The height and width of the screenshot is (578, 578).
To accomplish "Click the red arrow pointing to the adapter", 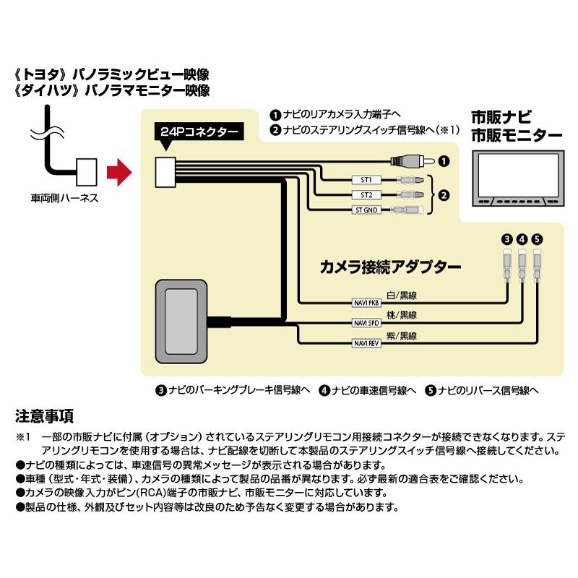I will coord(116,173).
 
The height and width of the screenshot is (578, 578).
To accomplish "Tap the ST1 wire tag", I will coord(366,180).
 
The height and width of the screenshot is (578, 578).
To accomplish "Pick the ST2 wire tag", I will coord(366,195).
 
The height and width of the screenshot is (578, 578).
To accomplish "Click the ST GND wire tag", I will coord(366,210).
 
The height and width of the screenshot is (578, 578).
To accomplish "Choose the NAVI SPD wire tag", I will coord(366,322).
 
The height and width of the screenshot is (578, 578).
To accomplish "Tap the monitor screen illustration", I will coord(515,174).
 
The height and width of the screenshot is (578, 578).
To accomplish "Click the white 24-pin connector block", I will coord(166,172).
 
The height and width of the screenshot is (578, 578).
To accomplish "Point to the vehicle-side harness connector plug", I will coord(86,171).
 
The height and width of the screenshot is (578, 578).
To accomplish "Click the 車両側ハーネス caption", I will coord(64,197).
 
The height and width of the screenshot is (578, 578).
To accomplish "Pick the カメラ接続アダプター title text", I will coord(390,267).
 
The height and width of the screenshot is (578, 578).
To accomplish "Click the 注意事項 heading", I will coord(44,416).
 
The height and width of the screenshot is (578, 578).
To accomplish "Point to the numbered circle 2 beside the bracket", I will coord(445,195).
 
